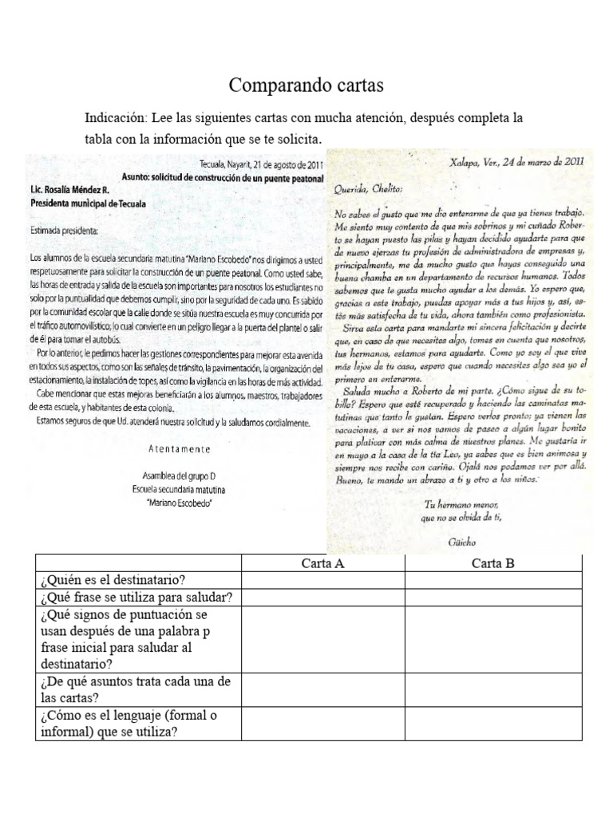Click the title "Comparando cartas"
[306, 85]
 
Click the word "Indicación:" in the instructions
[119, 118]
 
